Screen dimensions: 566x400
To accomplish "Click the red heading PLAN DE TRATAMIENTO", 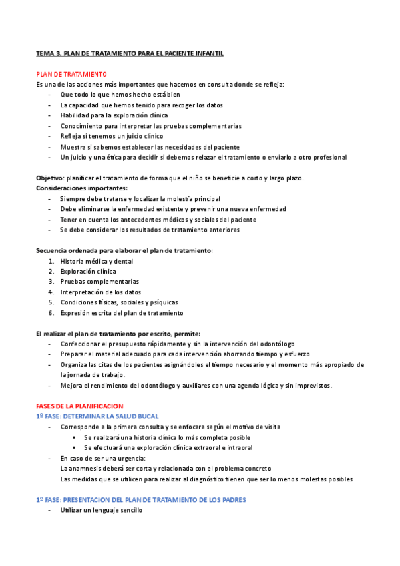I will coord(70,74).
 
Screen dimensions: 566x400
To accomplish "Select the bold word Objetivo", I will coord(49,178).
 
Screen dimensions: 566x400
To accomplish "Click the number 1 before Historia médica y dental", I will coord(51,261).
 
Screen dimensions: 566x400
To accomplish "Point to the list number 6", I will coord(51,313).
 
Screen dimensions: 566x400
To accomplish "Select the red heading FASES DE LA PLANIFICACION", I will coord(79,406).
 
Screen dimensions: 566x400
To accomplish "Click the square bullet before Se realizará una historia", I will coord(75,437).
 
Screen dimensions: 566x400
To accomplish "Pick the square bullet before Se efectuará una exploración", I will coord(75,447).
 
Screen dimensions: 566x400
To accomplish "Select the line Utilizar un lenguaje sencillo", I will coord(101,510).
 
